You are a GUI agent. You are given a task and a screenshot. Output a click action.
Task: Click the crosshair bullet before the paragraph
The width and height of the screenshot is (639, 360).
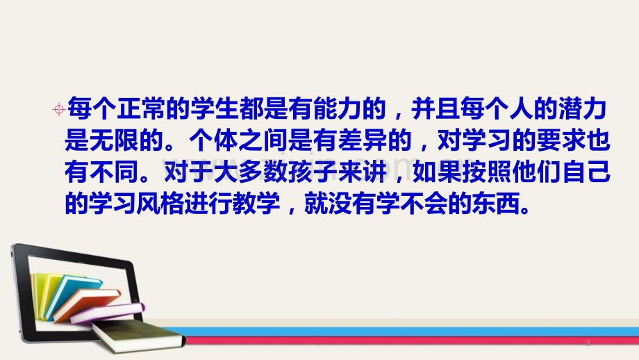pos(58,108)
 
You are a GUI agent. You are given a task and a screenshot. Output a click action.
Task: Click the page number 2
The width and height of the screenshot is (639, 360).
pos(588,343)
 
